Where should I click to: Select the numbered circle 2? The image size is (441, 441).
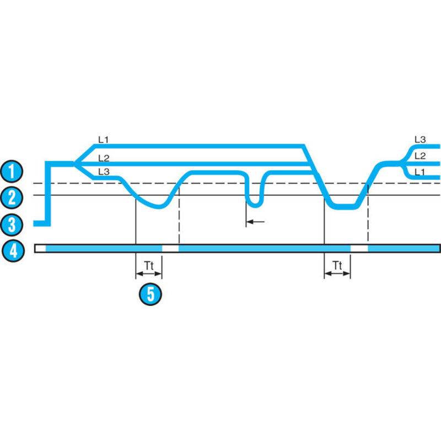point(12,197)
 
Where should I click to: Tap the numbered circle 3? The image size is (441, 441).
point(12,223)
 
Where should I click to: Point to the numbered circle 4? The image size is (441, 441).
point(12,251)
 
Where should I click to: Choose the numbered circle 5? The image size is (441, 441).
point(150,293)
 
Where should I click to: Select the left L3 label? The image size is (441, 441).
point(103,171)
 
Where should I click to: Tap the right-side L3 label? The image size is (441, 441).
point(420,139)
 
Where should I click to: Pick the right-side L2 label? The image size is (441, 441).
point(420,155)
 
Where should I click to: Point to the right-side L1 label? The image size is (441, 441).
point(420,171)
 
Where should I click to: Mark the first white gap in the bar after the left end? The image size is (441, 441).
point(170,249)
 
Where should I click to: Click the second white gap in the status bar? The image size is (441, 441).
point(359,249)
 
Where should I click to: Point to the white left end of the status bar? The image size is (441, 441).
point(40,249)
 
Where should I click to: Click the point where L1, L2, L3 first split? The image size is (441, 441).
point(75,163)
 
